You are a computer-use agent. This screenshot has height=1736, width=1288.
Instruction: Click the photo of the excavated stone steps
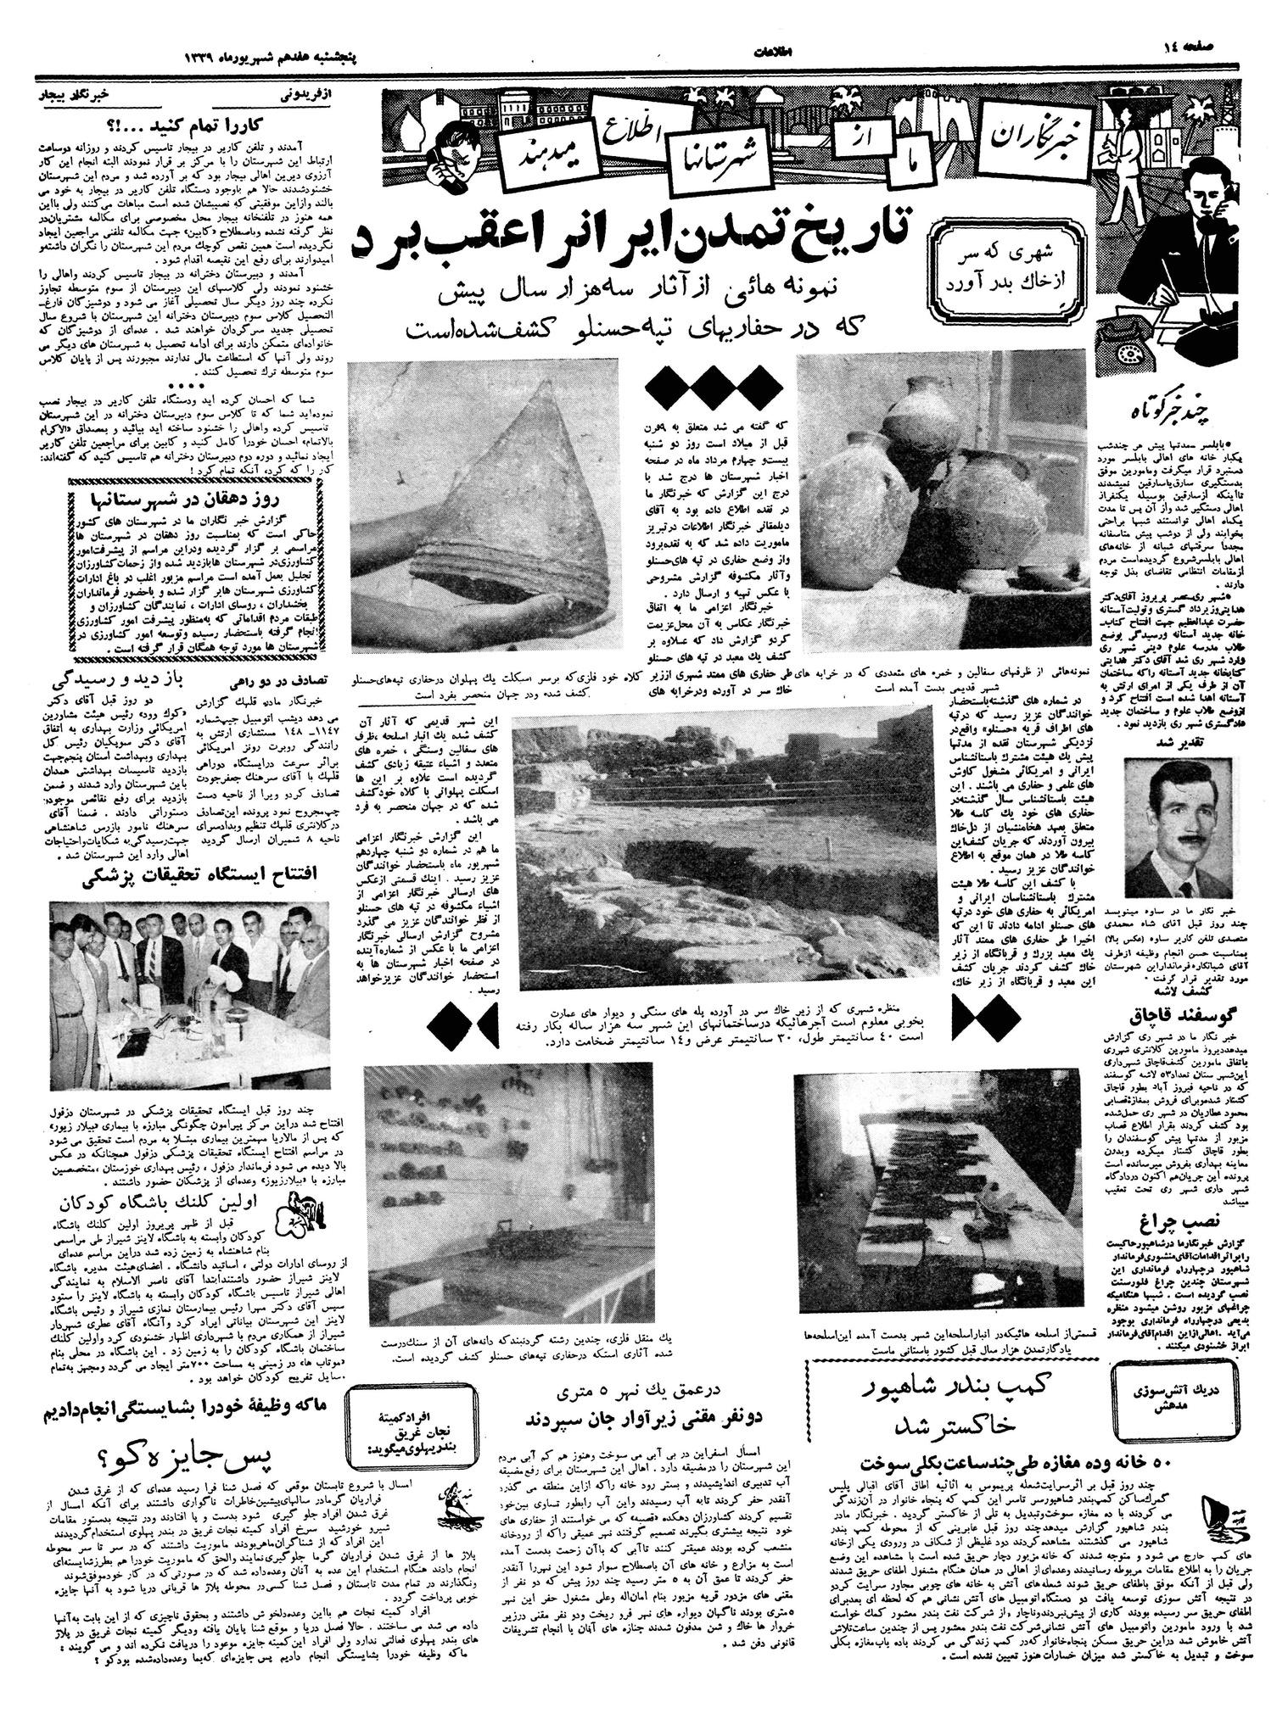tap(720, 857)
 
